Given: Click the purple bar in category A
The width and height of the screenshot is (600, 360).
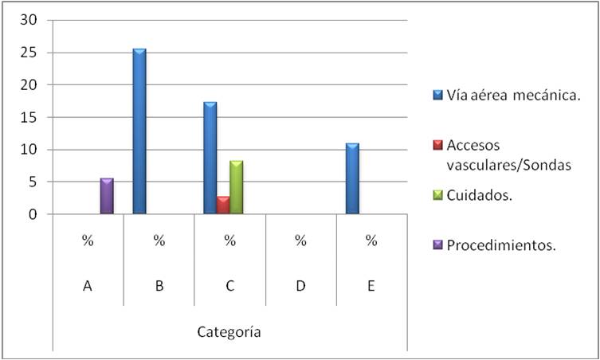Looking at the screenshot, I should coord(107,196).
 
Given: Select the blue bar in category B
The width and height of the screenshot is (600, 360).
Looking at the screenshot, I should coord(139,131).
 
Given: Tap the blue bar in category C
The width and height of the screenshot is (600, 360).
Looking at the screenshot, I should coord(210,158).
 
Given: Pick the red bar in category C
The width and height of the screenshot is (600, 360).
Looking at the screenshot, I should coord(223,205).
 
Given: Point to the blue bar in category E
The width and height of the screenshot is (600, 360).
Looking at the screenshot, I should coord(352,178).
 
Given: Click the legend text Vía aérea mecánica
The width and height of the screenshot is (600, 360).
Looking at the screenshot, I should coord(513,96).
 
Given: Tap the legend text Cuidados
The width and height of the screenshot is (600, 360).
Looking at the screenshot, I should coord(478,195).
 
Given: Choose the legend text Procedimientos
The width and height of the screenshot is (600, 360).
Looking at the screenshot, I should coord(500,245).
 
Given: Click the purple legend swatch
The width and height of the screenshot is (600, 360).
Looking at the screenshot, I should coord(437,245).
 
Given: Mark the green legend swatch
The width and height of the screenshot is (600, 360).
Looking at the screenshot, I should coord(437,195).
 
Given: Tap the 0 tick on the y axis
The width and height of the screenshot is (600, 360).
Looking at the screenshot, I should coord(33,214).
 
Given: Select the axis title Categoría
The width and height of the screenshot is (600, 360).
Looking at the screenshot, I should coord(229,332).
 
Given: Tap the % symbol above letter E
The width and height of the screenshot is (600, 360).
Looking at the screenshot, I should coord(371,241).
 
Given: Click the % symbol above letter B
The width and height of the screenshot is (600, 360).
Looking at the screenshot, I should coord(159,241).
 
